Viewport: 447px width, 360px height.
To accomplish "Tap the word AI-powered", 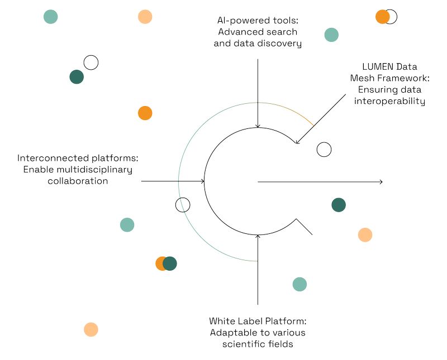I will (235, 21).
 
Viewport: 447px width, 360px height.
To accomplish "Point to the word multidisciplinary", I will (96, 169).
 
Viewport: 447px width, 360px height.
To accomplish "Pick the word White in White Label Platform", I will (222, 321).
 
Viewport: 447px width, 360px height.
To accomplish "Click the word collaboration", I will (77, 181).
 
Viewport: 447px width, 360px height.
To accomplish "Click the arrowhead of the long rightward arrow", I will (381, 182).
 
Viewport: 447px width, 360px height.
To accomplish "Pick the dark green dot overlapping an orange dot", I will (170, 263).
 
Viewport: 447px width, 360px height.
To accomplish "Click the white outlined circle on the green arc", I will (183, 205).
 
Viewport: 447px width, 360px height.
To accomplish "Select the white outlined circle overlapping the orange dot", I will (391, 17).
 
